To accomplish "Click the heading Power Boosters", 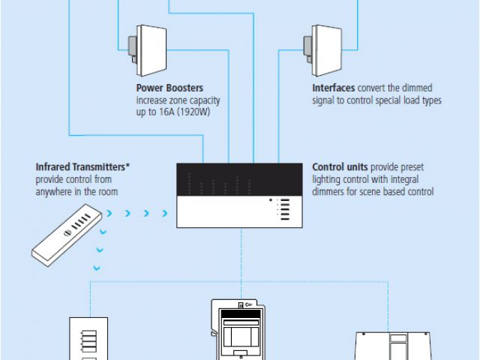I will pyautogui.click(x=169, y=88).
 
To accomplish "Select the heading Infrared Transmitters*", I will pyautogui.click(x=82, y=166).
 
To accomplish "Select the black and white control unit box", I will pyautogui.click(x=238, y=195).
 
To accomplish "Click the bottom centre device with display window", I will pyautogui.click(x=240, y=330).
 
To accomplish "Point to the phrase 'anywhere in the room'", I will pyautogui.click(x=76, y=192).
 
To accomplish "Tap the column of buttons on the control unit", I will pyautogui.click(x=285, y=210).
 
